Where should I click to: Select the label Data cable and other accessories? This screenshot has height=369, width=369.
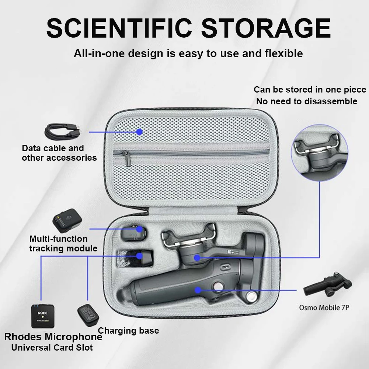coord(59,153)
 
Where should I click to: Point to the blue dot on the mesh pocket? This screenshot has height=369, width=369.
coord(139,132)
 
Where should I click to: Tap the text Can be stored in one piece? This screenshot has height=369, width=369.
coord(310,90)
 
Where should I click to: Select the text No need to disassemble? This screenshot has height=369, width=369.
coord(307,101)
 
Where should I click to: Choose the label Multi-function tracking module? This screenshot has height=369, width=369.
coord(63,244)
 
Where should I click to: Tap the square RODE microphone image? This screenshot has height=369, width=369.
coord(42,316)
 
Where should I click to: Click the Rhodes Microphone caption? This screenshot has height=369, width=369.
coord(53,337)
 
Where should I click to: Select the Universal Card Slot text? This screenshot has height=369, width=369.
coord(52,347)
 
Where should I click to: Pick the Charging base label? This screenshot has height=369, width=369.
coord(128,330)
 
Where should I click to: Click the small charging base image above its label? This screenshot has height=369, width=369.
coord(87,316)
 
